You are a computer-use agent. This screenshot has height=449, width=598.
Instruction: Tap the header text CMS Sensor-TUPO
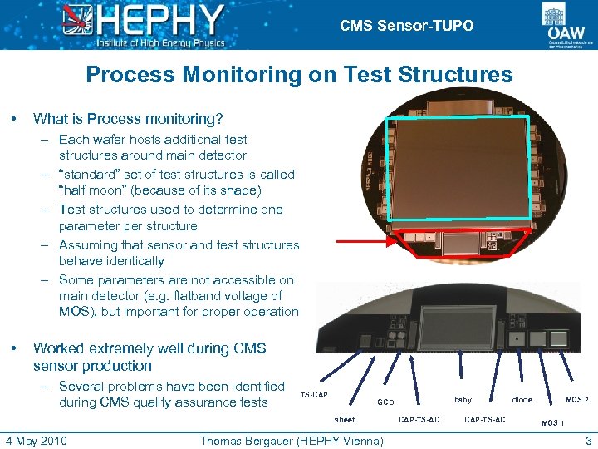[x=406, y=26]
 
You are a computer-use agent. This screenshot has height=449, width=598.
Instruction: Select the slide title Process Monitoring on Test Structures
[x=299, y=75]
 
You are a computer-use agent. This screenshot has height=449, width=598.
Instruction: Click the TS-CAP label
[x=314, y=394]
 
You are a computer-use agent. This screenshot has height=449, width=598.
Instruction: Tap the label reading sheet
[x=344, y=420]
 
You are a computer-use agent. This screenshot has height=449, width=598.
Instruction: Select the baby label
[x=463, y=400]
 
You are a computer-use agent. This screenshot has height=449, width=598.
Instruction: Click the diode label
[x=522, y=400]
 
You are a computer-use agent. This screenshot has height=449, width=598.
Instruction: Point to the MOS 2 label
[x=577, y=400]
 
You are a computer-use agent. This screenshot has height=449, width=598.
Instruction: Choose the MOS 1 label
[x=553, y=423]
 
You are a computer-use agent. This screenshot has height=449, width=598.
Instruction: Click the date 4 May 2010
[x=36, y=440]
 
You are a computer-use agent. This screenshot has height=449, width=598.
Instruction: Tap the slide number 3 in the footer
[x=588, y=440]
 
